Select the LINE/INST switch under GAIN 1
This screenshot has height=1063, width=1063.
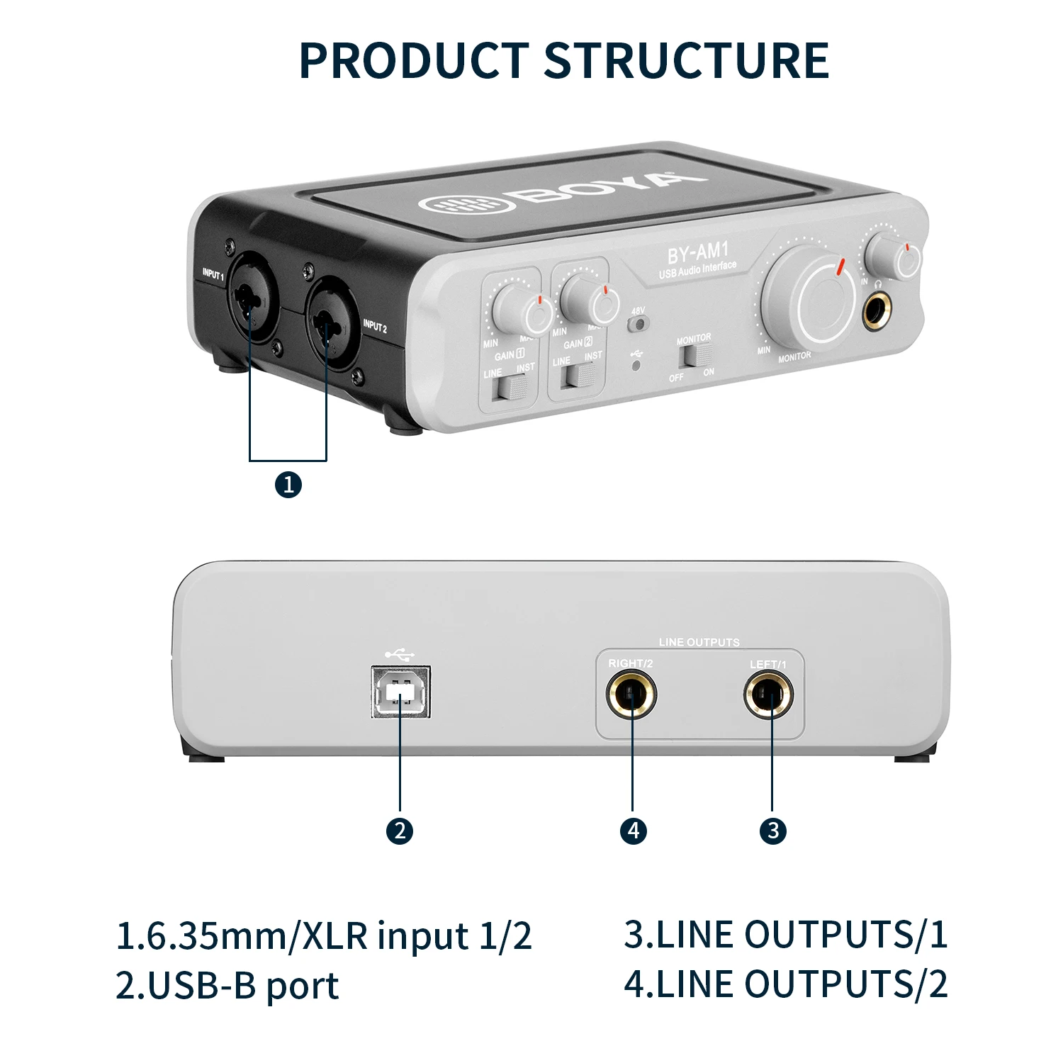pyautogui.click(x=512, y=387)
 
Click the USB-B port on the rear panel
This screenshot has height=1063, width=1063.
pyautogui.click(x=401, y=692)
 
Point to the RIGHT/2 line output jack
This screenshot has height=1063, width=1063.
pyautogui.click(x=631, y=694)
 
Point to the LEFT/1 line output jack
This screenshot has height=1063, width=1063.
pyautogui.click(x=769, y=694)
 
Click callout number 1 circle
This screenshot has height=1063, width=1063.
pyautogui.click(x=288, y=485)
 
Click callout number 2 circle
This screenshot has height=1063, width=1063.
pyautogui.click(x=400, y=831)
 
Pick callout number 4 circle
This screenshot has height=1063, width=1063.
pyautogui.click(x=634, y=831)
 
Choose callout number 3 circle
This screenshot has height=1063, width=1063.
pyautogui.click(x=773, y=831)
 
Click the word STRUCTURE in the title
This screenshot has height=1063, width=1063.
pyautogui.click(x=686, y=60)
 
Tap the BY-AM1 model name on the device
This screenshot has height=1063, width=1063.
pyautogui.click(x=697, y=252)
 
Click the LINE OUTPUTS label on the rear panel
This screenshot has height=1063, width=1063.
pyautogui.click(x=699, y=642)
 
